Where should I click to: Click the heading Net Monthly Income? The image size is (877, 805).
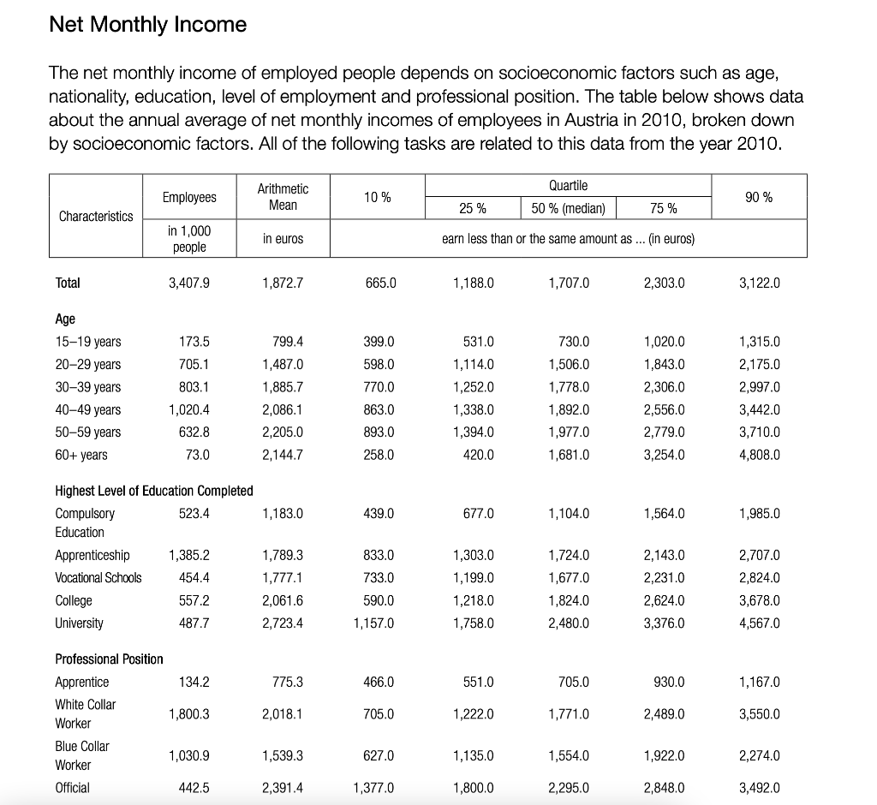tap(147, 25)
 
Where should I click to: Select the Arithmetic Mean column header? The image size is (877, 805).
tap(283, 196)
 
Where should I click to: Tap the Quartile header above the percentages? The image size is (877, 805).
tap(569, 185)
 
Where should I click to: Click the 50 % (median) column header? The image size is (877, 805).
tap(568, 208)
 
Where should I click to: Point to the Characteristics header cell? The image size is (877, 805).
tap(96, 216)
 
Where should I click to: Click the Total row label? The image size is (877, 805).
tap(68, 283)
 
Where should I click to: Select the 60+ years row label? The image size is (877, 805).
tap(81, 455)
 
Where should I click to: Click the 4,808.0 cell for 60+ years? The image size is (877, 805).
tap(760, 455)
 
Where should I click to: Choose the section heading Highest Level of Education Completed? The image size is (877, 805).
tap(154, 491)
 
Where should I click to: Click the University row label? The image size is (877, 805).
tap(79, 623)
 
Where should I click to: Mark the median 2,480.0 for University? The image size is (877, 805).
tap(568, 623)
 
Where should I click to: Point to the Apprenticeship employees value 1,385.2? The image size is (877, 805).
tap(188, 555)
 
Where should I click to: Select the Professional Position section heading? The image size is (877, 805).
tap(109, 659)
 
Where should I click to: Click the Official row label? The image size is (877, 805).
tap(72, 787)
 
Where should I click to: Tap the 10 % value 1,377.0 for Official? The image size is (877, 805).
tap(373, 787)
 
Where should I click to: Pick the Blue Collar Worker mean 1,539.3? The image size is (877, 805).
tap(283, 756)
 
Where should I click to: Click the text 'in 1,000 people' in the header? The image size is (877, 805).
tap(189, 239)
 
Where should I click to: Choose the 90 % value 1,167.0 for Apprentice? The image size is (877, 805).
tap(760, 683)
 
